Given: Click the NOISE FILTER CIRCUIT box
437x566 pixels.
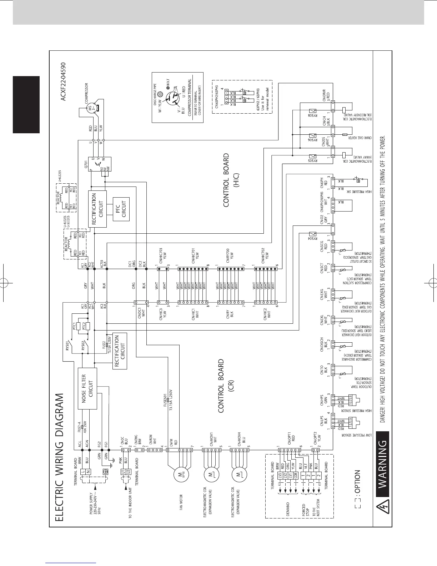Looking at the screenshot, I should coord(87,388).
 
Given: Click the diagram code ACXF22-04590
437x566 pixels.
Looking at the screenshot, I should coord(64,83).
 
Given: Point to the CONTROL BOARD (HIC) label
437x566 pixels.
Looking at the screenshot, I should coord(230,180).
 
